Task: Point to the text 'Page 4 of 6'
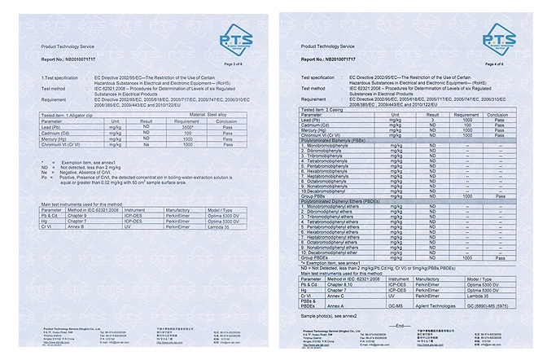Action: [x=496, y=63]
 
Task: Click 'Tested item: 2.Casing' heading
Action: [x=323, y=109]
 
